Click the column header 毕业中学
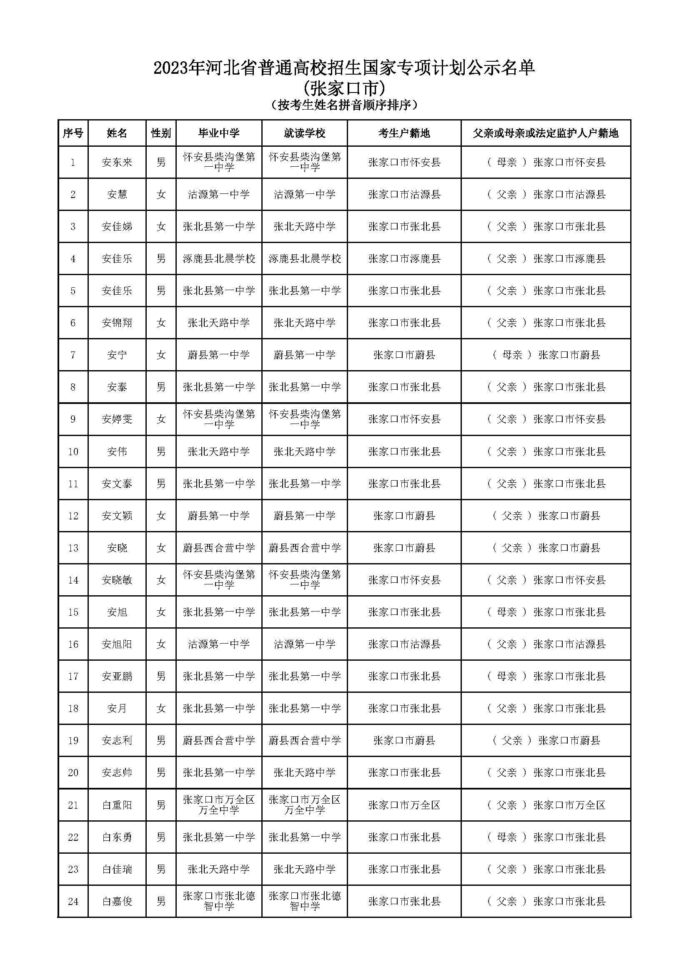[219, 133]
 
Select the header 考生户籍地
[404, 133]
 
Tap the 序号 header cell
[73, 133]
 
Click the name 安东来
[117, 162]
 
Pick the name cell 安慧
[117, 195]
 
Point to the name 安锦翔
[117, 323]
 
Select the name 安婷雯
[117, 419]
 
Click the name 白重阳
[117, 805]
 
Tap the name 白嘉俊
[117, 901]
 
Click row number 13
[73, 548]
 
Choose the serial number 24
[73, 901]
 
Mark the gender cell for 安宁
[161, 355]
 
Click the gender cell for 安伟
[161, 451]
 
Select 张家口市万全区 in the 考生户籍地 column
[404, 805]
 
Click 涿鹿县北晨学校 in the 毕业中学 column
[219, 258]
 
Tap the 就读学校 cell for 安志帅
[304, 772]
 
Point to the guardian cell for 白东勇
[546, 837]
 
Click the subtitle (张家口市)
[344, 89]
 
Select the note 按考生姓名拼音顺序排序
[344, 105]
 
